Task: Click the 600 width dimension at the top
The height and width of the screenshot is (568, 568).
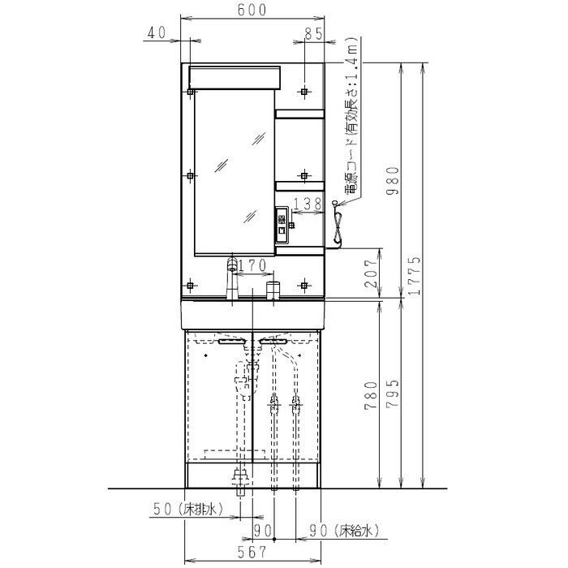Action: point(252,10)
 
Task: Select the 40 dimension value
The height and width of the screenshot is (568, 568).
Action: point(157,32)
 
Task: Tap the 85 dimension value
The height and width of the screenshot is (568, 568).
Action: point(313,34)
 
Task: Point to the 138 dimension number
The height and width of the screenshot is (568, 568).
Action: point(308,204)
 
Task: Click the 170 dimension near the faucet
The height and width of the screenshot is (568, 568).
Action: point(252,265)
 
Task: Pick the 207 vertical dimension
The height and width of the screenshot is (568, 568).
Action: point(372,273)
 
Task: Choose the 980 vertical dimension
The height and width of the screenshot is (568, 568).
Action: point(393,181)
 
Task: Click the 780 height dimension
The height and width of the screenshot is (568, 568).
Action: point(372,395)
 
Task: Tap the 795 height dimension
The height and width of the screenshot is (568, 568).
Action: point(393,394)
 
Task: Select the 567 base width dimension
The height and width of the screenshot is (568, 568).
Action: point(252,552)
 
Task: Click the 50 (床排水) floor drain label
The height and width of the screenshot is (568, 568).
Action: point(188,509)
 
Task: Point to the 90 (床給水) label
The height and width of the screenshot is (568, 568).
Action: point(344,531)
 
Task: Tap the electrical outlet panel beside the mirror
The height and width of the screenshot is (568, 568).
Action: point(282,225)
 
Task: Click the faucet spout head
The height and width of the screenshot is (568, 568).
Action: point(232,264)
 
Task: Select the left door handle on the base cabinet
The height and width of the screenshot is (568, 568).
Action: point(232,342)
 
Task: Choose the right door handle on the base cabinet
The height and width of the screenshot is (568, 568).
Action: point(273,342)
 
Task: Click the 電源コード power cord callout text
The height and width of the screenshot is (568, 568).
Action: point(352,115)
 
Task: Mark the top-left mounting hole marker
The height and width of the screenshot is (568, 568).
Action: point(191,92)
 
